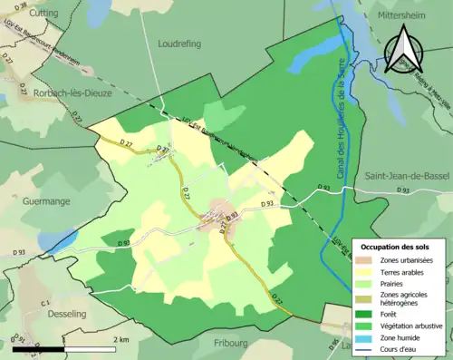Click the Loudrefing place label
[178, 43]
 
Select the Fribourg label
[231, 343]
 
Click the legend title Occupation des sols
[395, 247]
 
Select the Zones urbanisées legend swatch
[371, 261]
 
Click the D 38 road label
[21, 7]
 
